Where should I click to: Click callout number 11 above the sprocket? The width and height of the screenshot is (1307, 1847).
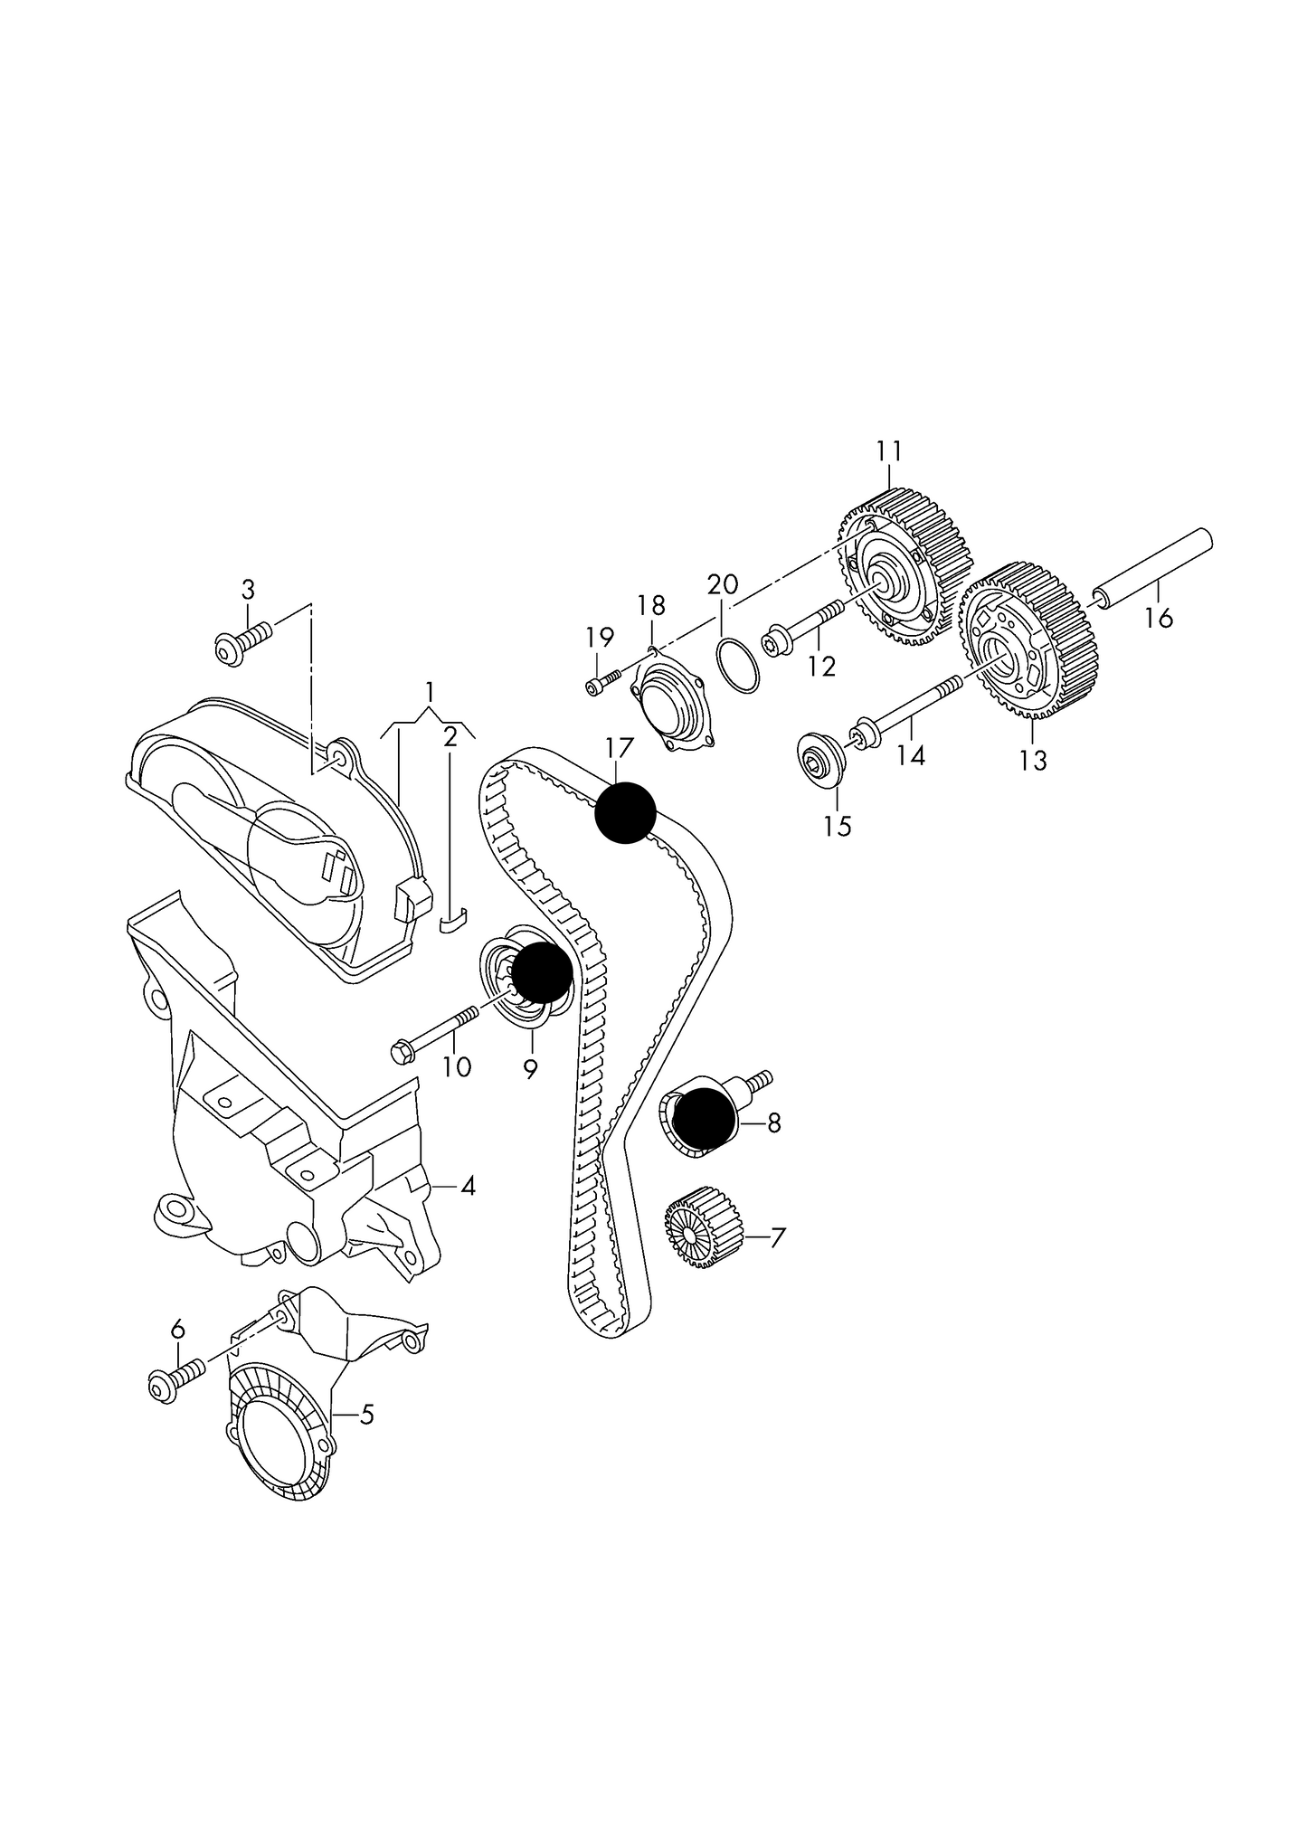(x=888, y=450)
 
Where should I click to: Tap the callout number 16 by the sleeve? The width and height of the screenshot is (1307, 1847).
(x=1159, y=619)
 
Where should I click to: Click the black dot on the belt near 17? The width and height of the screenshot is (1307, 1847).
(x=625, y=812)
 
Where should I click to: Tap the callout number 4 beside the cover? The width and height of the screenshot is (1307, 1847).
(x=468, y=1186)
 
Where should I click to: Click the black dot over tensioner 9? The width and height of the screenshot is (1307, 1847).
(x=541, y=971)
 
